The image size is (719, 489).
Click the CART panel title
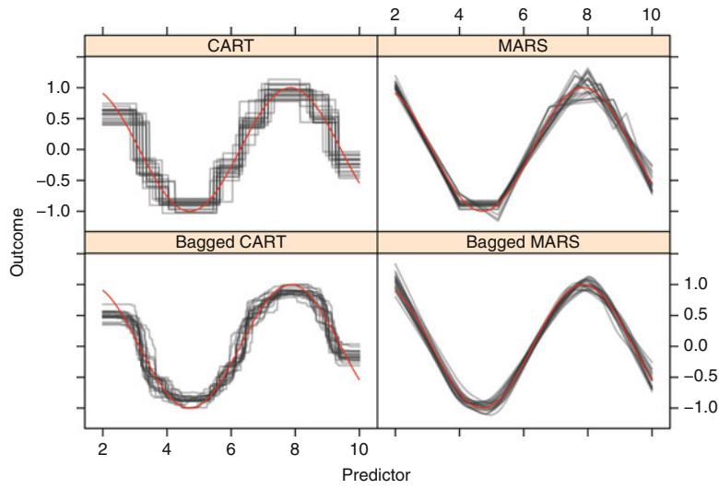point(230,45)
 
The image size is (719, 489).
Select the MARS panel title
point(523,45)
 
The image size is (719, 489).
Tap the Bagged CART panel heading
point(230,241)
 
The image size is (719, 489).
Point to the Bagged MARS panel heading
point(523,241)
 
